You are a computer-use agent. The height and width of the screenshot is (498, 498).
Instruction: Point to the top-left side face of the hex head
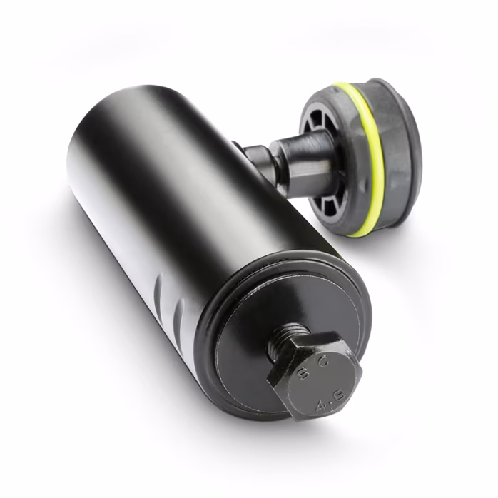pos(285,357)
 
